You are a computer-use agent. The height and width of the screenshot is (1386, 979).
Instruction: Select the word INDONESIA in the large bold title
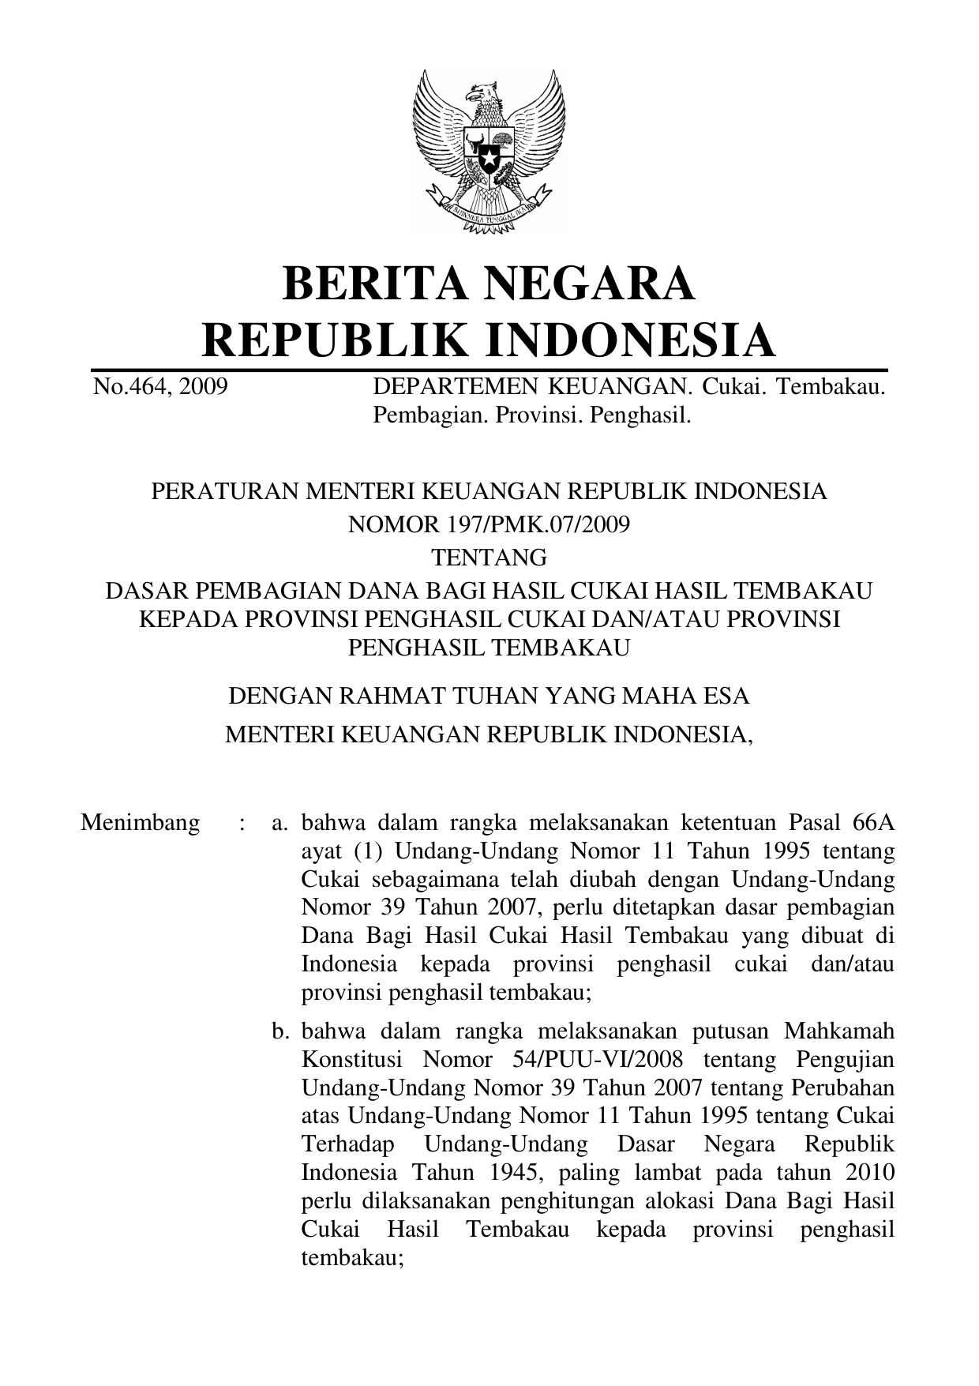[629, 340]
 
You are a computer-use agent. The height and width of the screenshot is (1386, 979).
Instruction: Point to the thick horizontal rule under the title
[489, 370]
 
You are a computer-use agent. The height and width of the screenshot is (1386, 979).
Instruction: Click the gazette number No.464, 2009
[160, 387]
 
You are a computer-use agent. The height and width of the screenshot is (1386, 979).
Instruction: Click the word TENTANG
[489, 558]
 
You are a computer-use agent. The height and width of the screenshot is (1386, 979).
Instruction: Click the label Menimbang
[141, 823]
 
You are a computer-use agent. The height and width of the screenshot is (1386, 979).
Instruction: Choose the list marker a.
[279, 823]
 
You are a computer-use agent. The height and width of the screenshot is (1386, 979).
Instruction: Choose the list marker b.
[279, 1031]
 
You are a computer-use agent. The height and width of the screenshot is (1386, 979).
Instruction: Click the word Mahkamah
[839, 1031]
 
